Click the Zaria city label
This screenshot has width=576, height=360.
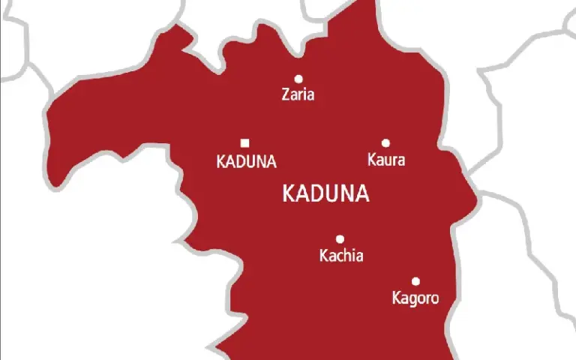coord(298,95)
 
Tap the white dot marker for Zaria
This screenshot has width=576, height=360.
coord(298,79)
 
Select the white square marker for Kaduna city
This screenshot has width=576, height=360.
coord(244,143)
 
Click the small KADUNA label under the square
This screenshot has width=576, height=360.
coord(246,161)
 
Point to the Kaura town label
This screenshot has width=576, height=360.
coord(386,160)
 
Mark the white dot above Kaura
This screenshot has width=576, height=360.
coord(385,143)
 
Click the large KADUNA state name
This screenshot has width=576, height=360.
coord(325,194)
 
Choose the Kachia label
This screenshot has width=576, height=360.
coord(341,256)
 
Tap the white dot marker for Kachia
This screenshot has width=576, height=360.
coord(340,239)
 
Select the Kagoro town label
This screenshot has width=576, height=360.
coord(415,298)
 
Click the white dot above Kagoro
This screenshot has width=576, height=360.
coord(415,282)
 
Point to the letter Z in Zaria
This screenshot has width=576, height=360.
coord(286,95)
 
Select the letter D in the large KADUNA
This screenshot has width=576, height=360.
coord(316,194)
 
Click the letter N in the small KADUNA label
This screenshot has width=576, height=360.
coord(260,161)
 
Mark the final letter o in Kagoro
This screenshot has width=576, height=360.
coord(433,299)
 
